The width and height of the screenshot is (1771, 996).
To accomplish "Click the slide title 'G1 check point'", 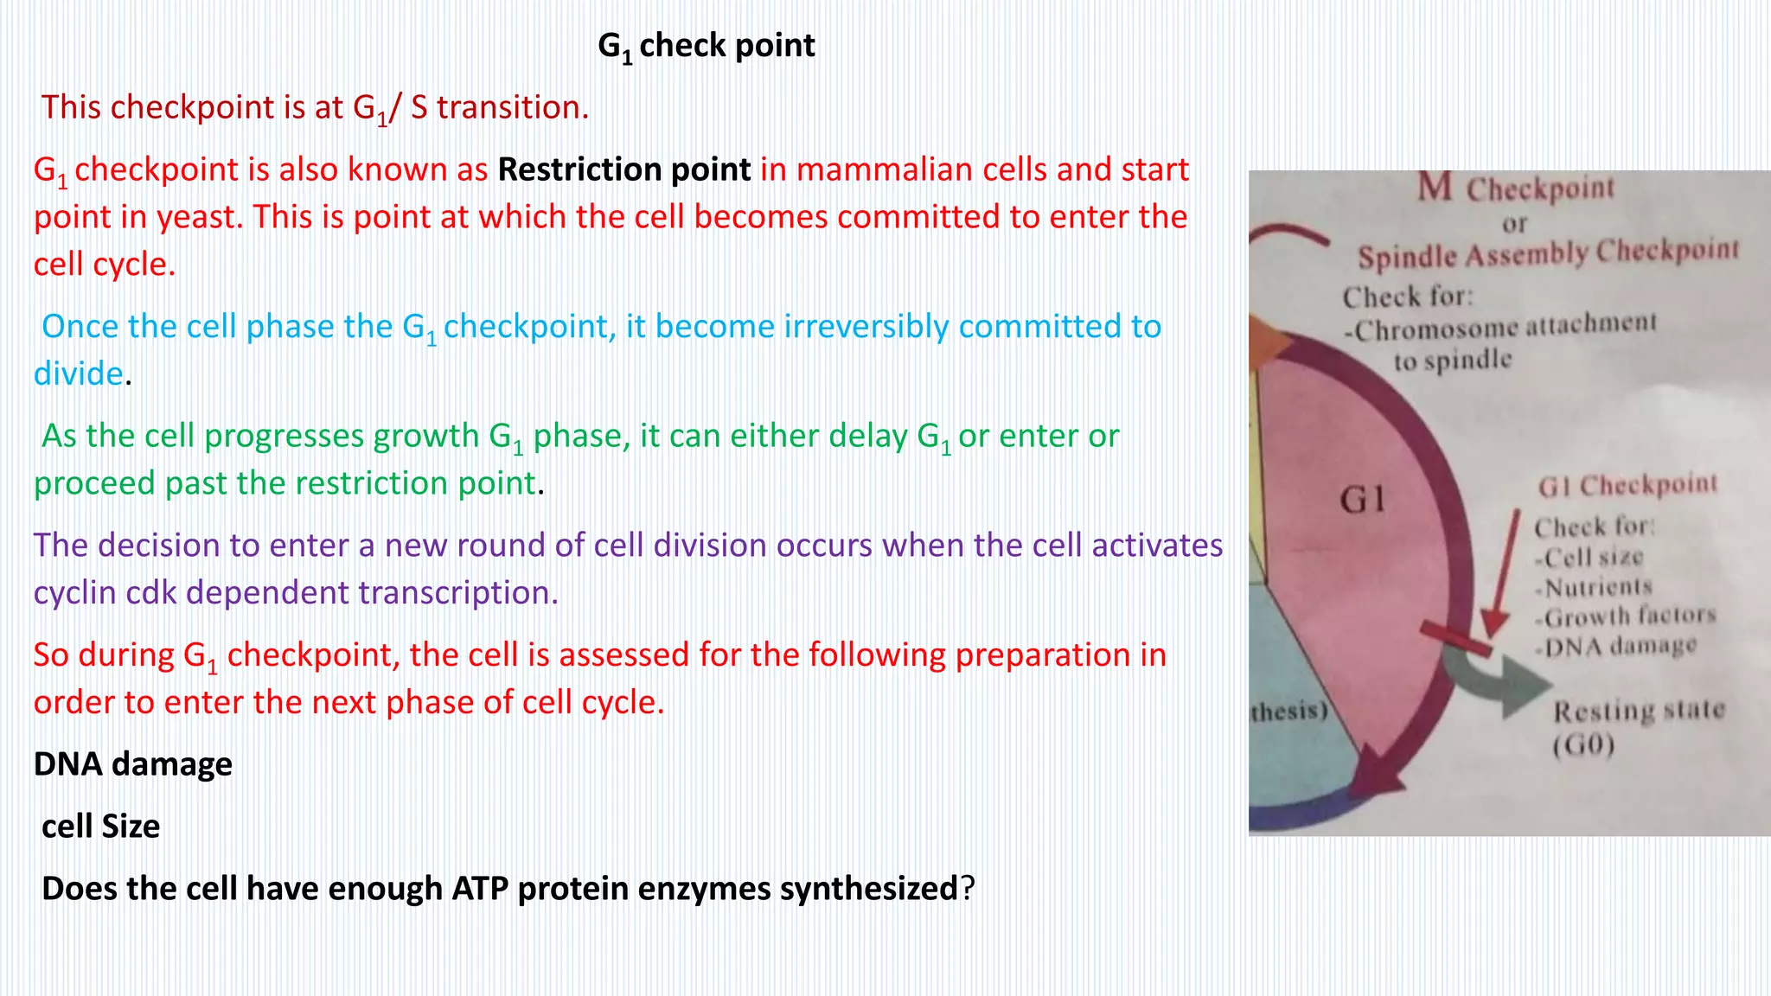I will pyautogui.click(x=706, y=46).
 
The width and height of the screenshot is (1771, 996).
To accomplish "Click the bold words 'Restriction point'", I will pyautogui.click(x=623, y=169).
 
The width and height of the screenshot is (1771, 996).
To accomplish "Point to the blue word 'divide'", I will pyautogui.click(x=78, y=373).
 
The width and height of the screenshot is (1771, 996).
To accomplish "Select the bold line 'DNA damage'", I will pyautogui.click(x=132, y=764).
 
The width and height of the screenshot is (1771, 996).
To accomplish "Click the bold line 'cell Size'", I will pyautogui.click(x=100, y=827).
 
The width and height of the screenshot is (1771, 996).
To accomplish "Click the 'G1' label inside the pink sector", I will pyautogui.click(x=1363, y=500).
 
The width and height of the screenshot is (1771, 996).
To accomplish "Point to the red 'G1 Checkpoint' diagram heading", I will pyautogui.click(x=1627, y=486).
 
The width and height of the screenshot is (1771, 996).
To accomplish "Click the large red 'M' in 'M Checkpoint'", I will pyautogui.click(x=1435, y=186).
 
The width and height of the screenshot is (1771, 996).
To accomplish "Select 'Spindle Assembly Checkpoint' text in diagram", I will pyautogui.click(x=1547, y=254).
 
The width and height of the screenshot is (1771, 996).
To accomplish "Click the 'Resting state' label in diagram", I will pyautogui.click(x=1639, y=711).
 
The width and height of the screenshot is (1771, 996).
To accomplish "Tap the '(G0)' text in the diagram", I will pyautogui.click(x=1583, y=745).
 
